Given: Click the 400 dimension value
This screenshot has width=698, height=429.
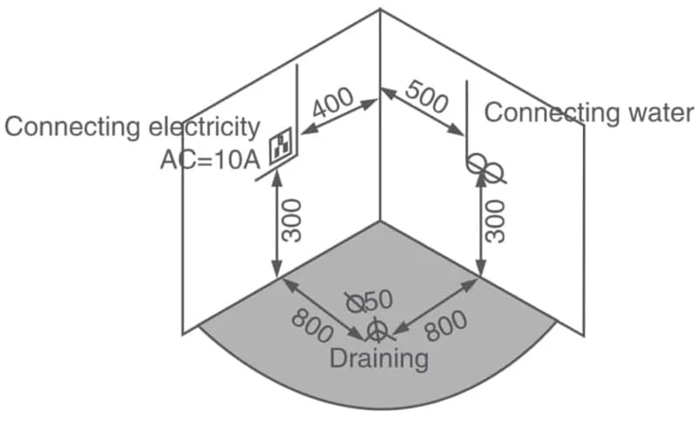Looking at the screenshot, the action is pyautogui.click(x=333, y=102).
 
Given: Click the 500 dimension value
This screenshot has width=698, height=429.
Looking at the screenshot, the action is pyautogui.click(x=427, y=97).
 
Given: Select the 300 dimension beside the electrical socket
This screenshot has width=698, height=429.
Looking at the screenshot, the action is pyautogui.click(x=292, y=221).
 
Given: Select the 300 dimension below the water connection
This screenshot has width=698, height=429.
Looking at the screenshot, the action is pyautogui.click(x=496, y=221).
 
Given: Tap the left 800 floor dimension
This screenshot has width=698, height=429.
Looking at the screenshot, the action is pyautogui.click(x=312, y=327).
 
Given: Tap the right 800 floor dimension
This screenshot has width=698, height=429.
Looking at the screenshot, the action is pyautogui.click(x=446, y=326).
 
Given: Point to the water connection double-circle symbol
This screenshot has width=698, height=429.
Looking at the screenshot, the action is pyautogui.click(x=486, y=169).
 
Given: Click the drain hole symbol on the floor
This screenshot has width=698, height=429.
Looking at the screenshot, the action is pyautogui.click(x=378, y=331).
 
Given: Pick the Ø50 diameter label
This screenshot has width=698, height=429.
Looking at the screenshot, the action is pyautogui.click(x=369, y=301).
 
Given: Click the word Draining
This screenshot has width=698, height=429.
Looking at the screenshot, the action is pyautogui.click(x=379, y=358).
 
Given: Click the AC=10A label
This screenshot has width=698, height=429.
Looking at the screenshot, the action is pyautogui.click(x=210, y=160).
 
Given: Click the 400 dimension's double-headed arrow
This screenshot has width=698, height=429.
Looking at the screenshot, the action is pyautogui.click(x=339, y=117).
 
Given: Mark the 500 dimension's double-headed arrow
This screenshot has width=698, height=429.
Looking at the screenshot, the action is pyautogui.click(x=422, y=112).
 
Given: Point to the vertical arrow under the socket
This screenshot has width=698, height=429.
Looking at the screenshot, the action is pyautogui.click(x=277, y=225).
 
